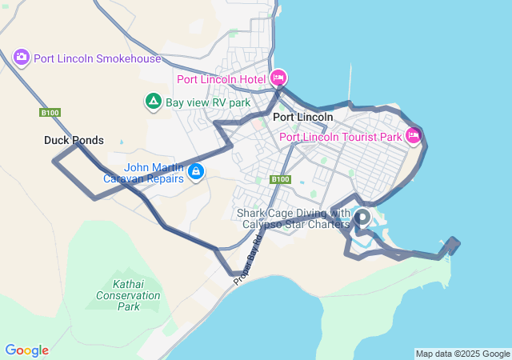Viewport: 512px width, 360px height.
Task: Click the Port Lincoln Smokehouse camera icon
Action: point(22,58)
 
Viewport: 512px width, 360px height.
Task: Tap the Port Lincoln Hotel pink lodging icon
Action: point(278,78)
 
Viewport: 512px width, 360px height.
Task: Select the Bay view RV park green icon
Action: point(153,102)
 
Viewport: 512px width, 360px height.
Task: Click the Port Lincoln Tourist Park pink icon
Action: point(414,136)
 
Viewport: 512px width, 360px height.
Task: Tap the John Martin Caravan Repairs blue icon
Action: point(196,170)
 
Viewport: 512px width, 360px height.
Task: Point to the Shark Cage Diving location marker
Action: point(362,216)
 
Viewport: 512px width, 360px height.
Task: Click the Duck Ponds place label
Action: point(74,141)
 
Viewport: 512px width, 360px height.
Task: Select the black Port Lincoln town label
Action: point(302,117)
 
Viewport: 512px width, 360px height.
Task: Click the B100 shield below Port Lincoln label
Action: point(279,179)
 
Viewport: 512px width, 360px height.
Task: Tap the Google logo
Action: point(26,350)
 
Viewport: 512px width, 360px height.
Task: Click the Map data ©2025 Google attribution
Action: point(462,354)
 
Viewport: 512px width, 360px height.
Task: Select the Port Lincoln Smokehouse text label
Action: point(98,58)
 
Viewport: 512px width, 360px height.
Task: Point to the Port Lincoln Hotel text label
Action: point(221,79)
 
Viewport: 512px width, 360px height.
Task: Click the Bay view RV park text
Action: point(208,102)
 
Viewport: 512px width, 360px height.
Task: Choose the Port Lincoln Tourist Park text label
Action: point(340,137)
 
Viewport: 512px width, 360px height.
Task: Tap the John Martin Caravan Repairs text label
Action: point(144,173)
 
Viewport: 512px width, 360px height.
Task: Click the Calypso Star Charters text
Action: point(296,224)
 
